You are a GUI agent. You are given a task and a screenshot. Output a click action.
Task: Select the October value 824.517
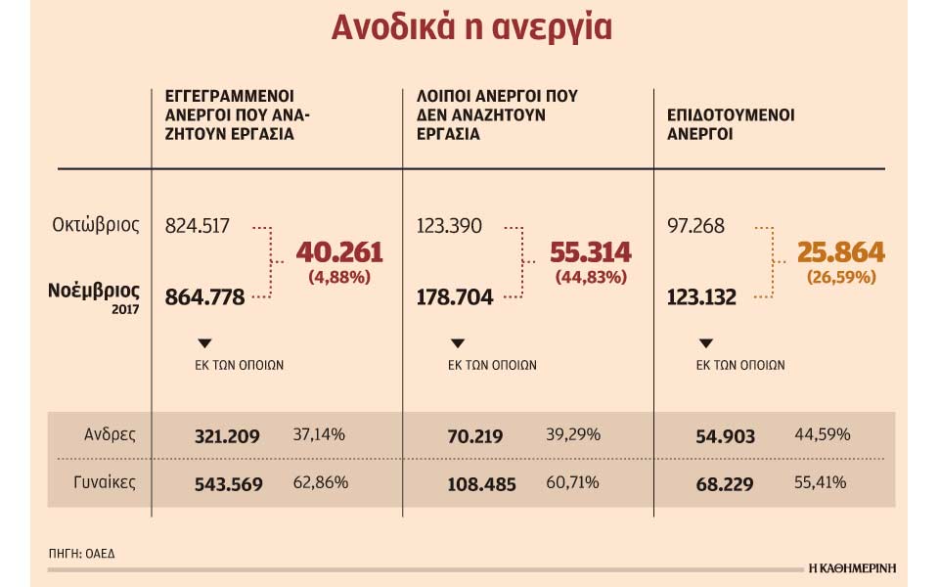(x=198, y=226)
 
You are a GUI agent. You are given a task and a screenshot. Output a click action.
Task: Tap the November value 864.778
(x=204, y=296)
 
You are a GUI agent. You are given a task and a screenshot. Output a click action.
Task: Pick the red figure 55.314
(x=591, y=252)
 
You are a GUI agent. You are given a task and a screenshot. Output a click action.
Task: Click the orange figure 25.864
(x=841, y=252)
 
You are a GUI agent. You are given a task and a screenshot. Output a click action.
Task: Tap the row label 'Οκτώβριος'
(x=96, y=226)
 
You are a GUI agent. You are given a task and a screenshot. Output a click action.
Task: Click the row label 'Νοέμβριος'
(x=94, y=291)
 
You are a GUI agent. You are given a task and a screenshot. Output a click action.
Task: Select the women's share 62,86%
(x=320, y=482)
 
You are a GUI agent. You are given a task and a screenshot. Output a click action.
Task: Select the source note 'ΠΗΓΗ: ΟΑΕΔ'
(x=81, y=554)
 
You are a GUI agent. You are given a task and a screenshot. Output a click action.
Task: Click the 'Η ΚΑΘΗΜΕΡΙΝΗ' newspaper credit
(x=852, y=567)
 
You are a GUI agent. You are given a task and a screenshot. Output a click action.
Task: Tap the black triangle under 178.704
(x=457, y=343)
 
